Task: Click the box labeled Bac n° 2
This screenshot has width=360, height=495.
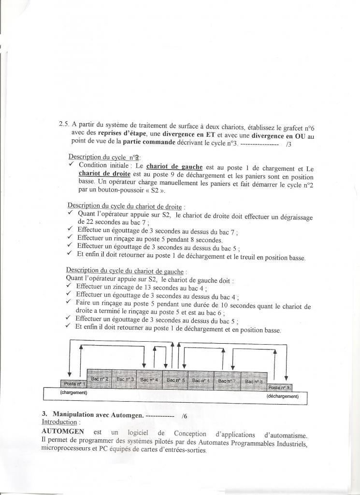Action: click(100, 379)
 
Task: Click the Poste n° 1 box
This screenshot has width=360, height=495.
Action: click(73, 383)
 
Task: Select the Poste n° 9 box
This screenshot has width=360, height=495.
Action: click(279, 387)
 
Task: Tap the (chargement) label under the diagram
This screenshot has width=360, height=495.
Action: click(73, 393)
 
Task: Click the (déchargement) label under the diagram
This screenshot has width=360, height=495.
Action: click(283, 396)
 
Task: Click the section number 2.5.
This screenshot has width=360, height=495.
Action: click(64, 124)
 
